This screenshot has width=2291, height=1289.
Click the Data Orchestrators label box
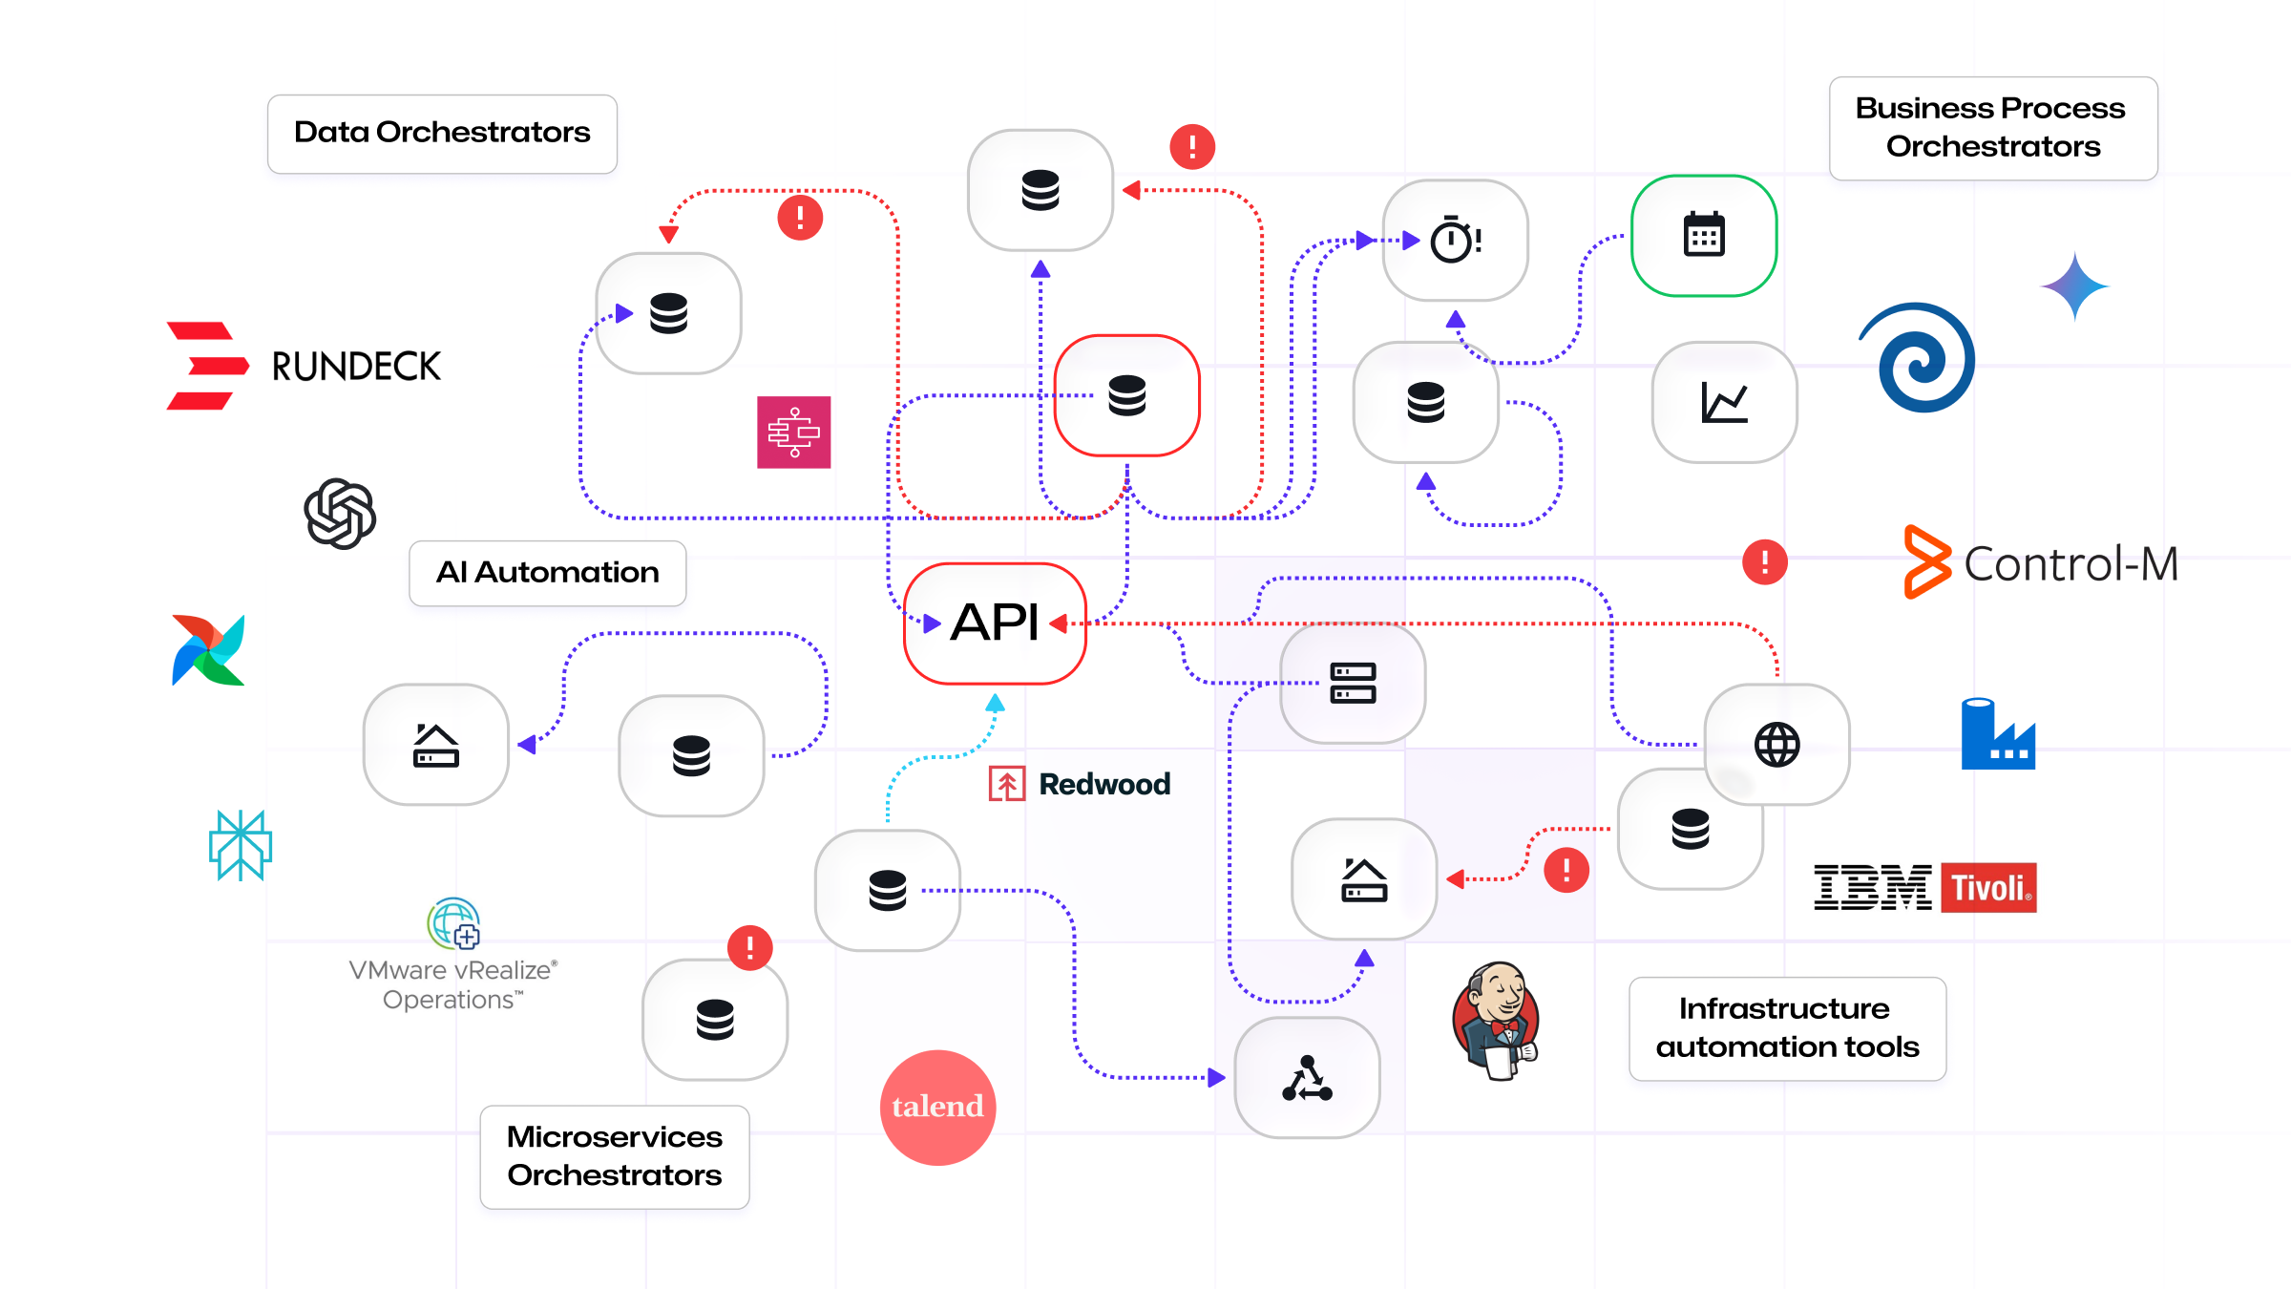click(x=442, y=133)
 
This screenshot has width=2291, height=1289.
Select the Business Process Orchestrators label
click(x=1992, y=127)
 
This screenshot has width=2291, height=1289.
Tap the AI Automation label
click(x=547, y=572)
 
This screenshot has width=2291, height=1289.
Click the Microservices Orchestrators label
click(x=614, y=1155)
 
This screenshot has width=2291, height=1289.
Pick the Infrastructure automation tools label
click(x=1786, y=1027)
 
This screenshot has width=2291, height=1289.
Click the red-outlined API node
click(x=994, y=623)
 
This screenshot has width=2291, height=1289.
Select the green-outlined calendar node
click(x=1703, y=235)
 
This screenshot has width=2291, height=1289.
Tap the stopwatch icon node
click(x=1454, y=240)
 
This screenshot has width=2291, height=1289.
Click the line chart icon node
click(x=1723, y=402)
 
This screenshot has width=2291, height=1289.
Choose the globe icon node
click(x=1776, y=744)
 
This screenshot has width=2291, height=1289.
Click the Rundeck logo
click(x=304, y=366)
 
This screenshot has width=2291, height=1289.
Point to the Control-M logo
click(x=2040, y=562)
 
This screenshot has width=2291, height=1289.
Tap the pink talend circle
click(x=937, y=1107)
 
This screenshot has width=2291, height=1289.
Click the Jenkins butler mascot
click(x=1496, y=1020)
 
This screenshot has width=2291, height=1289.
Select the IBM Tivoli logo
click(x=1924, y=887)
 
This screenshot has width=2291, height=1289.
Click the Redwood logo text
click(x=1081, y=784)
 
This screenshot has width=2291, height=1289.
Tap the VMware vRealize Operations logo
click(x=452, y=955)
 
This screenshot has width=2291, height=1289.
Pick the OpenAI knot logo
click(x=340, y=514)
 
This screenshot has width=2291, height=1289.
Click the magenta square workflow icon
click(x=793, y=433)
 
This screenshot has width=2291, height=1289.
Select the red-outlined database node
click(x=1126, y=395)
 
